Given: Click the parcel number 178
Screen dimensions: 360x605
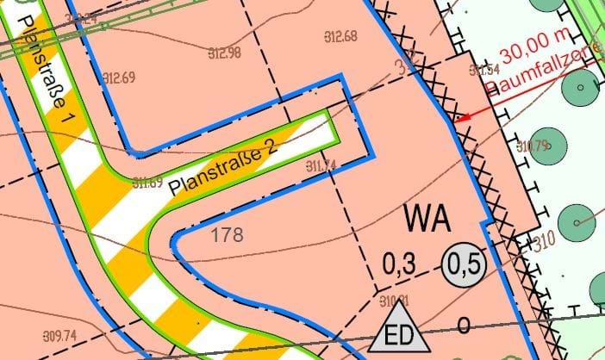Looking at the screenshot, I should (x=226, y=233).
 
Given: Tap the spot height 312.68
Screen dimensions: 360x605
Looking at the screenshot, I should (x=341, y=36).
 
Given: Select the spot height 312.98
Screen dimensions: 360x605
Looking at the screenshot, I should (x=224, y=53).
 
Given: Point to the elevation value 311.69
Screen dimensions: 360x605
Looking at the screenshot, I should (x=148, y=183).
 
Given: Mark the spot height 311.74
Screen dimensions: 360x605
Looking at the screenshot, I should (x=321, y=165).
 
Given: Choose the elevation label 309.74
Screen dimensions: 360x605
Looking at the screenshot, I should (x=59, y=335).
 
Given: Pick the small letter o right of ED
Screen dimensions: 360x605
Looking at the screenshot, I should (x=463, y=326).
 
